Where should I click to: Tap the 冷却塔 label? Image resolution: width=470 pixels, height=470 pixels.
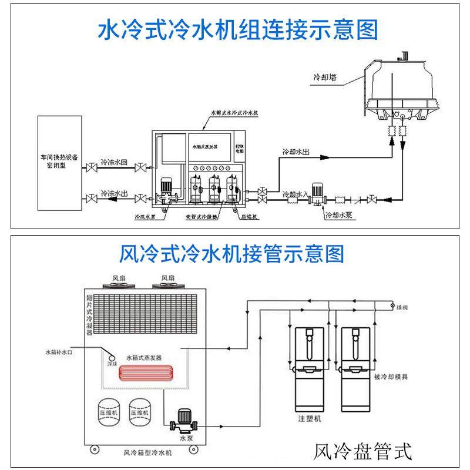(x=324, y=77)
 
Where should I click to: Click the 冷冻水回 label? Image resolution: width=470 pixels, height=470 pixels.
(x=114, y=162)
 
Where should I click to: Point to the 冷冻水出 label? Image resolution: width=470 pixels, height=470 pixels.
(x=114, y=193)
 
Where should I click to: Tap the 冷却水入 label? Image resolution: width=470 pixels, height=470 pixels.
(x=291, y=193)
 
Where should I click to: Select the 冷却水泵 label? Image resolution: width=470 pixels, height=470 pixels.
(x=340, y=214)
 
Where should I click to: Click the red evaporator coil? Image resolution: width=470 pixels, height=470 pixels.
(x=146, y=374)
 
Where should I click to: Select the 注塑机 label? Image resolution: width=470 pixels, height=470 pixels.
(x=309, y=419)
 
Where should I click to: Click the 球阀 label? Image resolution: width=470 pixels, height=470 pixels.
(x=401, y=307)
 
